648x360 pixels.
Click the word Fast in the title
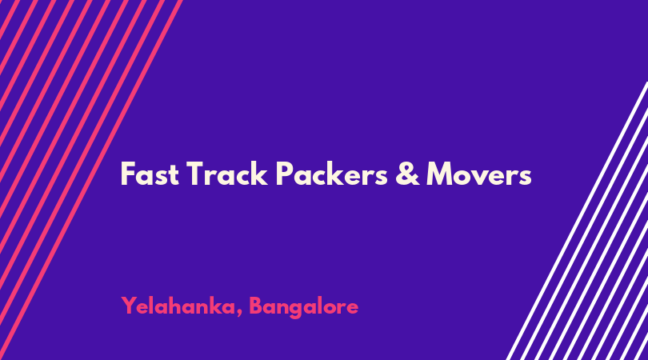point(150,174)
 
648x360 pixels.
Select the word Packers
point(332,174)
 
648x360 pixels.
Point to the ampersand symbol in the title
point(407,174)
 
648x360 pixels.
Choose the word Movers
point(479,174)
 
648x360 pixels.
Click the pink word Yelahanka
point(178,306)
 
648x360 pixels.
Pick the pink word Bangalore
point(304,307)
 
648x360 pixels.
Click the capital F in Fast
point(128,174)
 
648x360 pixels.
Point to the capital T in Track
point(197,174)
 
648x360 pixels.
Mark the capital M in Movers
point(441,174)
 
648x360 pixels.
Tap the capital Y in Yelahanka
point(130,306)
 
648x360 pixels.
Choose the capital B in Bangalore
point(257,306)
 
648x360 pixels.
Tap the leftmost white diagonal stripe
point(577,221)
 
